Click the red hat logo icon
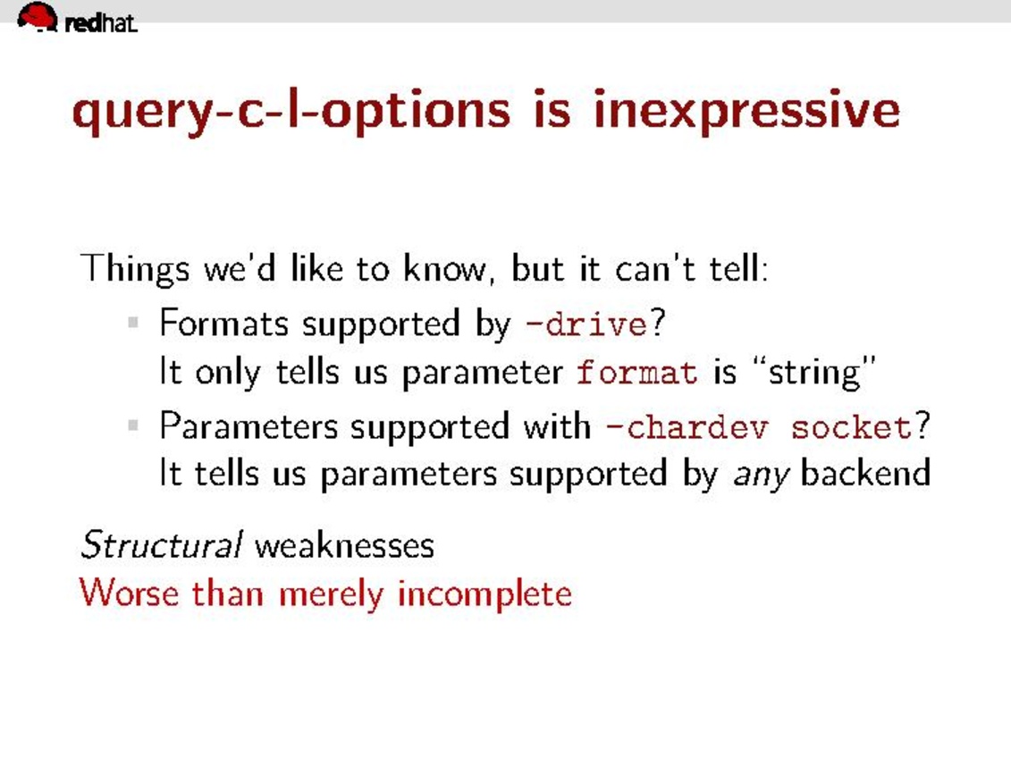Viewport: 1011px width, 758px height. [x=38, y=16]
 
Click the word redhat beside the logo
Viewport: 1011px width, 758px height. [x=101, y=23]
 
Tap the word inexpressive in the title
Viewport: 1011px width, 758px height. [x=746, y=112]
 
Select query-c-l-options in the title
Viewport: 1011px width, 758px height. [x=291, y=112]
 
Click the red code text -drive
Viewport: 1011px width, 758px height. [x=586, y=324]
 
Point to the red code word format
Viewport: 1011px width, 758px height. [x=636, y=372]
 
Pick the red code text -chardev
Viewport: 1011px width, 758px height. [x=687, y=426]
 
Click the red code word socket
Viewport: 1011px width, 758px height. [x=851, y=426]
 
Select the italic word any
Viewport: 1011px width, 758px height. [x=762, y=476]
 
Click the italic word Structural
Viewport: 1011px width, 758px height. [x=161, y=544]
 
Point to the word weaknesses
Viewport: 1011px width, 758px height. [x=344, y=546]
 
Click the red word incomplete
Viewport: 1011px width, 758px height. [x=484, y=594]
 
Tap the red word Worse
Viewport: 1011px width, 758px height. [x=129, y=593]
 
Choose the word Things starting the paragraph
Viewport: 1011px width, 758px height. [x=135, y=269]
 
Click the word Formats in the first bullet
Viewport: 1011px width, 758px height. [x=223, y=323]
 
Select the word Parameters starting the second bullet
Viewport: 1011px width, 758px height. [x=249, y=426]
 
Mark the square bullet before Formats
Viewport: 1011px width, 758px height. [x=133, y=323]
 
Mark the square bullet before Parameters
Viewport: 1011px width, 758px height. [x=133, y=425]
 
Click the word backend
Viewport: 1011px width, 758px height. [x=865, y=473]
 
